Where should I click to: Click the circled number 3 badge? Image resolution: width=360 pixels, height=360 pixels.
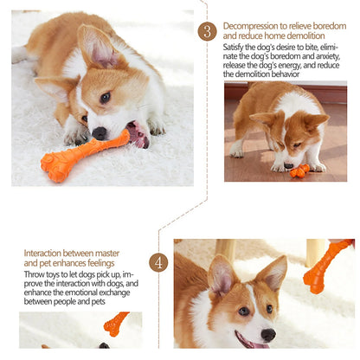pos(208,31)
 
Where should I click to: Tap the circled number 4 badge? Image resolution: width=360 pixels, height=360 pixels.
pos(158,262)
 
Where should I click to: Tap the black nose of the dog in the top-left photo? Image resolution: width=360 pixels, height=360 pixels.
pos(100,132)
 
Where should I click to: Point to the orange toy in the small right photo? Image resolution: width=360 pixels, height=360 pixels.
pos(300,170)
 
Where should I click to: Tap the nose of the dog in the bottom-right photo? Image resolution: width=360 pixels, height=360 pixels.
pos(267,334)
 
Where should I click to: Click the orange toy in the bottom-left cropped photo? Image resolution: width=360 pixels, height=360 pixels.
pos(114,325)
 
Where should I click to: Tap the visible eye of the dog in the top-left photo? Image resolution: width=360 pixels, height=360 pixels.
pos(105,98)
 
